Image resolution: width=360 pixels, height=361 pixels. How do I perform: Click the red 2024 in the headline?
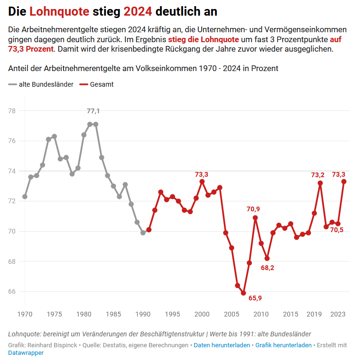tap(138, 11)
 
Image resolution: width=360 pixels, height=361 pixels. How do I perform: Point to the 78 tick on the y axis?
tap(12, 111)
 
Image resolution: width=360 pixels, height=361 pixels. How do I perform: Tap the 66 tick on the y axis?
tap(12, 291)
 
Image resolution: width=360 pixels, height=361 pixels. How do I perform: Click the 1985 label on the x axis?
tap(113, 314)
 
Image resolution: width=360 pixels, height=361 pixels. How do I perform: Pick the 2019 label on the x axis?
tap(314, 314)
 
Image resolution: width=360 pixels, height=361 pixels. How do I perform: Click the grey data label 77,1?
tap(93, 111)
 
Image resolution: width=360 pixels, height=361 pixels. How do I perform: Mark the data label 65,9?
tap(255, 298)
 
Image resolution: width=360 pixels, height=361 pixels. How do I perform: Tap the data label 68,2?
tap(268, 268)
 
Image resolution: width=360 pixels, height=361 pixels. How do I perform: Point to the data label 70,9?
tap(253, 209)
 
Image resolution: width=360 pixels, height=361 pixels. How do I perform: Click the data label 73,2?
tap(318, 175)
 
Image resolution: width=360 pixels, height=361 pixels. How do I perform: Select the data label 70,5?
tap(337, 230)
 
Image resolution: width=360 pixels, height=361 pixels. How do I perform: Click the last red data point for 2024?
tap(344, 181)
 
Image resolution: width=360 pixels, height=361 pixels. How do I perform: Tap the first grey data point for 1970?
tap(25, 197)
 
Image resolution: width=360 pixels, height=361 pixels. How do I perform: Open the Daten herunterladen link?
tap(222, 345)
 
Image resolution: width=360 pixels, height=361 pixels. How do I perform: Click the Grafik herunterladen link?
tap(283, 345)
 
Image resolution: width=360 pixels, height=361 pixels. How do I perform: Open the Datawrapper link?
tap(26, 353)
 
